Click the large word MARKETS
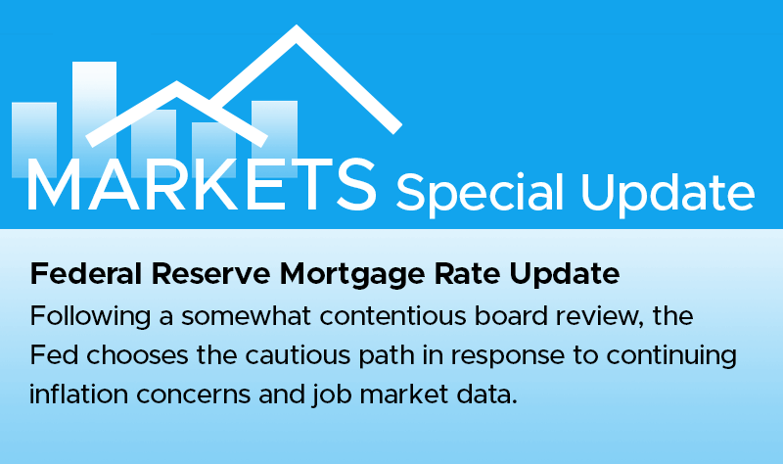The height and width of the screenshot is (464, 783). coord(201,183)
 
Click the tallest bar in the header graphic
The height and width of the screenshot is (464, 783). coord(94,108)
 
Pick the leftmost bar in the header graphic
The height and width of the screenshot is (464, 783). coord(33,137)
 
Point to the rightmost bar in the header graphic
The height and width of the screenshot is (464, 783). coord(274,137)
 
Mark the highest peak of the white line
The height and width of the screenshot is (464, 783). coord(297,30)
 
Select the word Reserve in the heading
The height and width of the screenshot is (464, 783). coord(195,275)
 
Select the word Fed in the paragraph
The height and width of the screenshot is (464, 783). coord(52,358)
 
